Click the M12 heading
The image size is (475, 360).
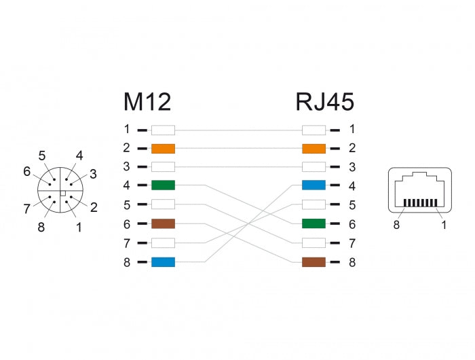point(147,102)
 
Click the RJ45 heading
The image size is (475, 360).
point(324,102)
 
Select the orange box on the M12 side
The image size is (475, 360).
point(163,148)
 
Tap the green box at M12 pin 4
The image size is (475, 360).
point(163,185)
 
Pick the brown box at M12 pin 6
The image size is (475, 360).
point(163,223)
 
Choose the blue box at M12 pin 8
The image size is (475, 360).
point(163,262)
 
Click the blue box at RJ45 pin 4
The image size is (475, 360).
point(313,185)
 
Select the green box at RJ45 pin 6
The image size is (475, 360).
point(313,223)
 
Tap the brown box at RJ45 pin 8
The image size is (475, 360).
point(313,262)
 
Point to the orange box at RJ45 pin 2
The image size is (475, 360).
point(313,148)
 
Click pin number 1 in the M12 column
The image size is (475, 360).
point(126,129)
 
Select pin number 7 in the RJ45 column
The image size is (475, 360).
point(351,242)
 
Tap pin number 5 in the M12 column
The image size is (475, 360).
point(126,204)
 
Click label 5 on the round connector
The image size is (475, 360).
point(42,156)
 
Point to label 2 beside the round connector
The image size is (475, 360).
point(94,207)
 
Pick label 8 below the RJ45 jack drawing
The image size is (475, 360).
point(396,225)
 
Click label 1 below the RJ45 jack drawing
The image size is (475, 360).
point(444,225)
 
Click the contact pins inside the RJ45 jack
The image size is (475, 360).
point(419,202)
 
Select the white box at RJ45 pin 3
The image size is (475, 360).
point(313,167)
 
